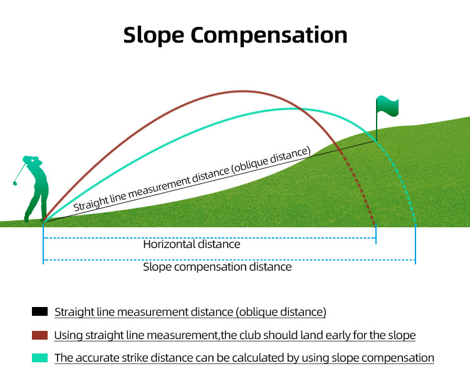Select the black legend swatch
coord(39,311)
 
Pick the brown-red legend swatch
coord(39,335)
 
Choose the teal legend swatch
coord(39,358)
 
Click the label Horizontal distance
coord(191,245)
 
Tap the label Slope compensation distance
coord(217,267)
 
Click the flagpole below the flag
coord(377,128)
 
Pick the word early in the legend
coord(345,335)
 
